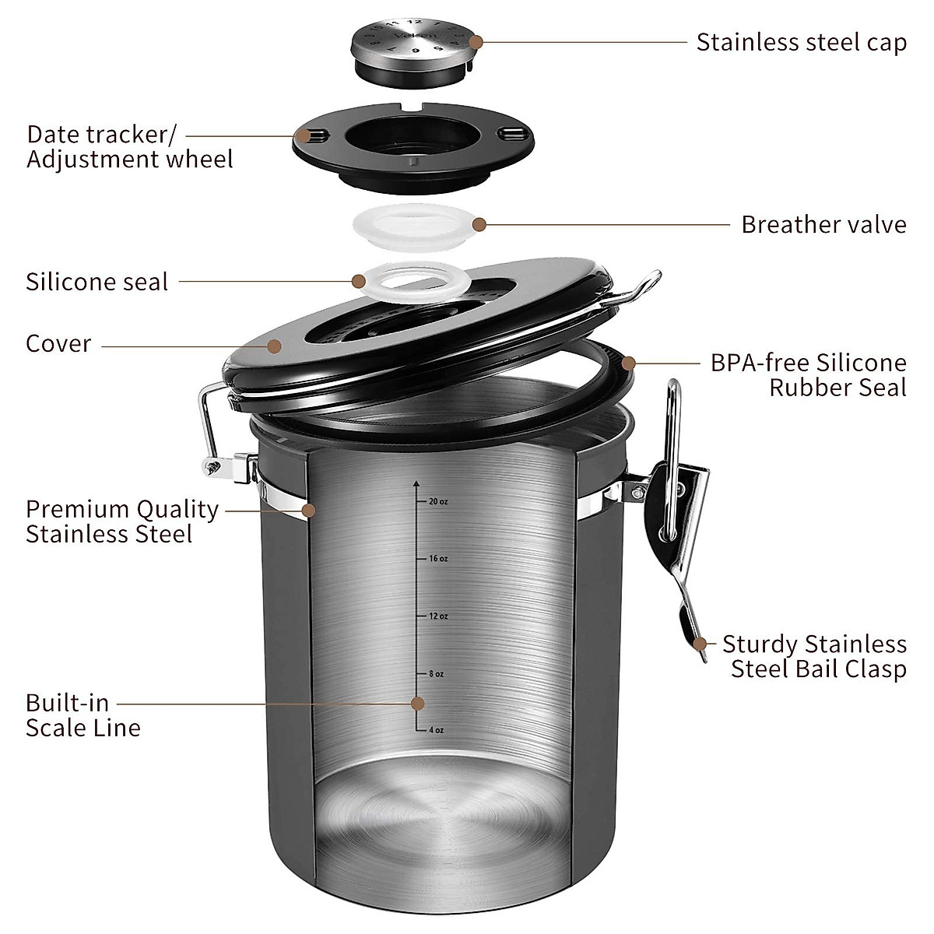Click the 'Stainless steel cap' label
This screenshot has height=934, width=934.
[801, 42]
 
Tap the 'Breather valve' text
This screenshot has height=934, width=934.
[823, 224]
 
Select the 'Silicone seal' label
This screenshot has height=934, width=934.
[97, 281]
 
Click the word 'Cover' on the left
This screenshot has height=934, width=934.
[58, 343]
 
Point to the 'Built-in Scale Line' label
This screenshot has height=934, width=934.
[83, 715]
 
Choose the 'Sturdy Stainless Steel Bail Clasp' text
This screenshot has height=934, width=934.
[814, 656]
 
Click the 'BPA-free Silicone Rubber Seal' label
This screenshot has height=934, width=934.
[808, 374]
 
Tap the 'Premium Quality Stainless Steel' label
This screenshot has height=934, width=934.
[121, 521]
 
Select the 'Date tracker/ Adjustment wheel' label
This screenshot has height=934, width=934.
[129, 146]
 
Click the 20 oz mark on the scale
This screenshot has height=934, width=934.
[437, 502]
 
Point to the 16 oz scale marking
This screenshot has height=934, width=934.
[437, 559]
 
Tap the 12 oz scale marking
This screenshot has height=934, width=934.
[437, 616]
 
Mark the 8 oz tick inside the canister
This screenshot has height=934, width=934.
[435, 674]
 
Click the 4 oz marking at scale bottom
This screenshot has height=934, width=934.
[435, 730]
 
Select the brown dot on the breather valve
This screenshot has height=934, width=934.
[479, 224]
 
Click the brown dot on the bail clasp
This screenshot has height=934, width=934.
[700, 644]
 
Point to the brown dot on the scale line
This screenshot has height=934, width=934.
[418, 704]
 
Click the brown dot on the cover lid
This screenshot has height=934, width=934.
[274, 345]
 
